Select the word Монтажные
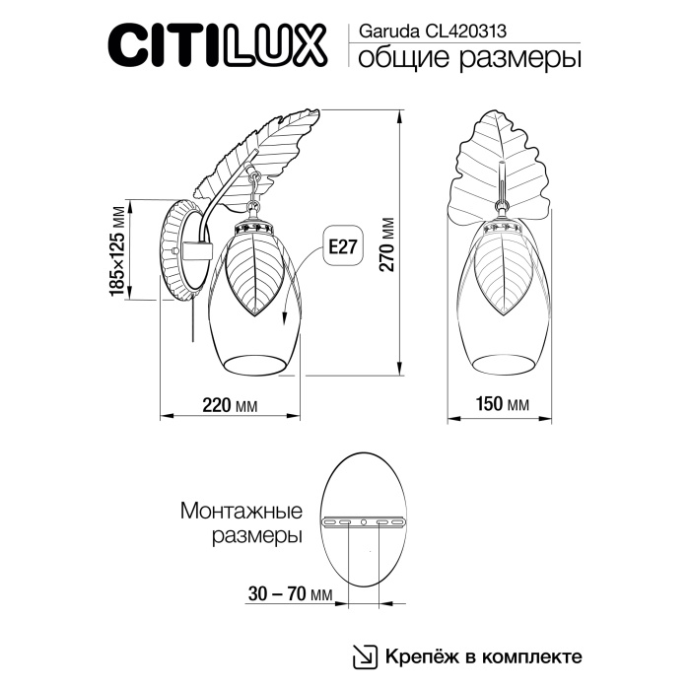click(x=241, y=512)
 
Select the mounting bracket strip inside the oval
click(x=365, y=521)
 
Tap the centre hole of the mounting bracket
click(x=365, y=521)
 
